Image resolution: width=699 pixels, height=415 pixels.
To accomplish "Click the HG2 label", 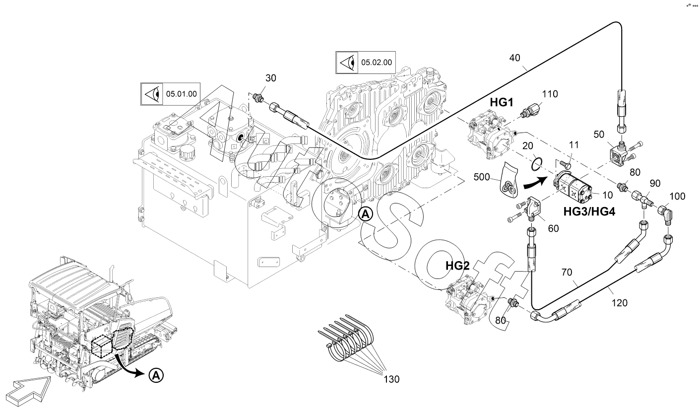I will (x=457, y=266).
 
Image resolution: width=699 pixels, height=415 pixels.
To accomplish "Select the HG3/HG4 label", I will (x=589, y=211).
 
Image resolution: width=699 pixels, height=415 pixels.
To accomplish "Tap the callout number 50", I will (x=599, y=135).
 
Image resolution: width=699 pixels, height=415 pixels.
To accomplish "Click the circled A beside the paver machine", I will (x=156, y=376).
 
